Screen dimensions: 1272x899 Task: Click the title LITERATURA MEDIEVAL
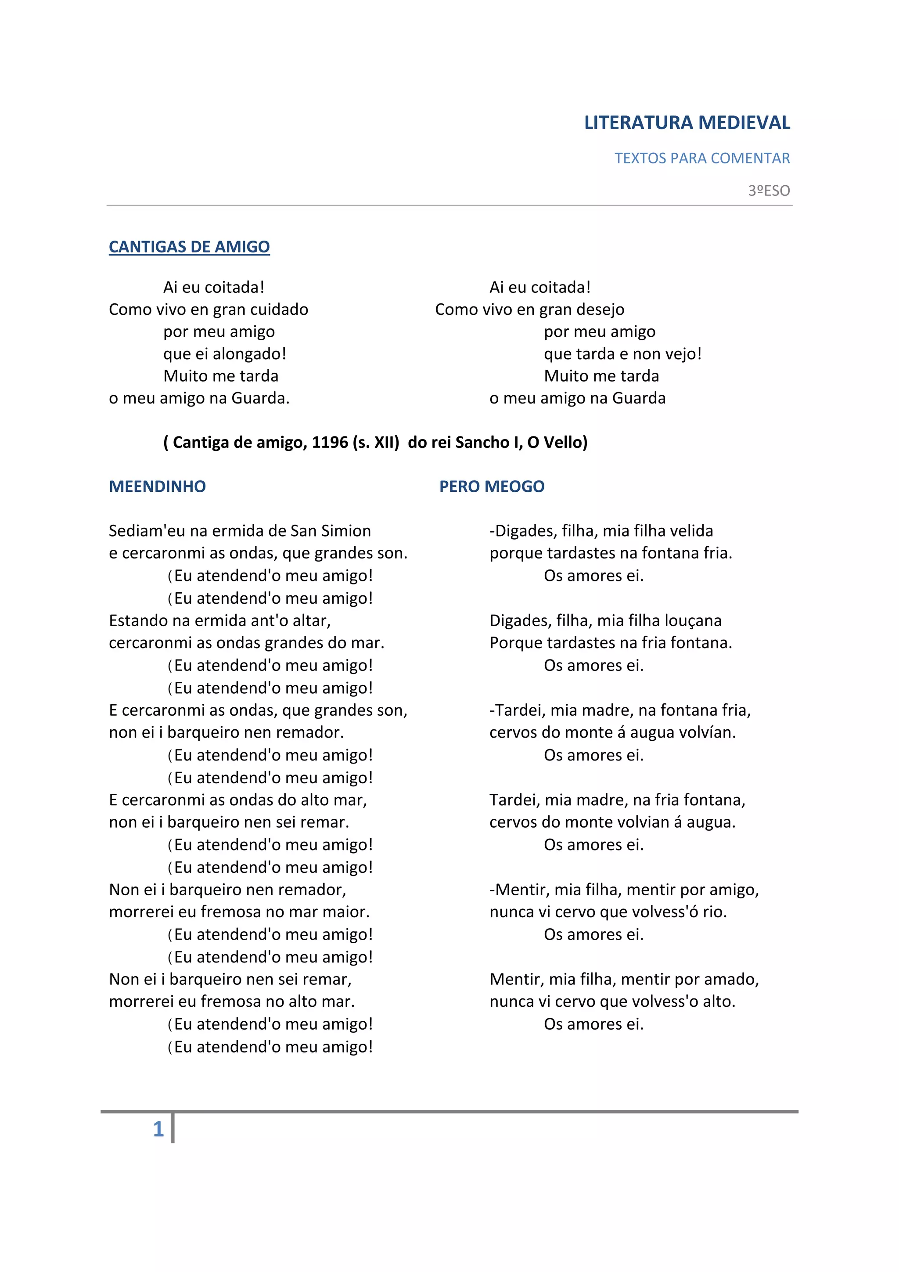(687, 123)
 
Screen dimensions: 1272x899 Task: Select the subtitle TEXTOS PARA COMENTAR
(702, 159)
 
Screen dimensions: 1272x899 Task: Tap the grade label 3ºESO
(769, 191)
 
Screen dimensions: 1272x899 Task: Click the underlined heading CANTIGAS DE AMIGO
(189, 246)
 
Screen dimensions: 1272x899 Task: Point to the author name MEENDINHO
(157, 486)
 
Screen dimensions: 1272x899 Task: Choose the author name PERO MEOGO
(492, 486)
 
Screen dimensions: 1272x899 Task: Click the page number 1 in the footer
(158, 1128)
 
